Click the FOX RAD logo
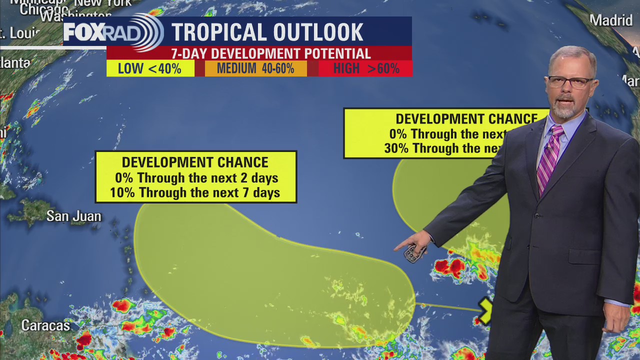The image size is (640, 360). pos(113,32)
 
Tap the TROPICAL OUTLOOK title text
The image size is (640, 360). pos(267,32)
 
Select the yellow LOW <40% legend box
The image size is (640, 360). pos(150,68)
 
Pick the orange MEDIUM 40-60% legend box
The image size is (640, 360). pos(255,68)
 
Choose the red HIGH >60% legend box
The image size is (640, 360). pos(366,68)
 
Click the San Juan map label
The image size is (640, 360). pos(74,216)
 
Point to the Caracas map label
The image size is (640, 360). pos(45,326)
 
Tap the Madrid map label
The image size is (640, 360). pos(611,20)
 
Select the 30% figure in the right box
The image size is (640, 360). pos(396,148)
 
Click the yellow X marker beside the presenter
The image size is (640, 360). pos(485,310)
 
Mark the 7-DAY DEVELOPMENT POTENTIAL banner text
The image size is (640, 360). pos(270,53)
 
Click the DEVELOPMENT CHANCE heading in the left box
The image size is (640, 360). pos(195,162)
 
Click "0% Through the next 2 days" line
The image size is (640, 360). pos(196,178)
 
